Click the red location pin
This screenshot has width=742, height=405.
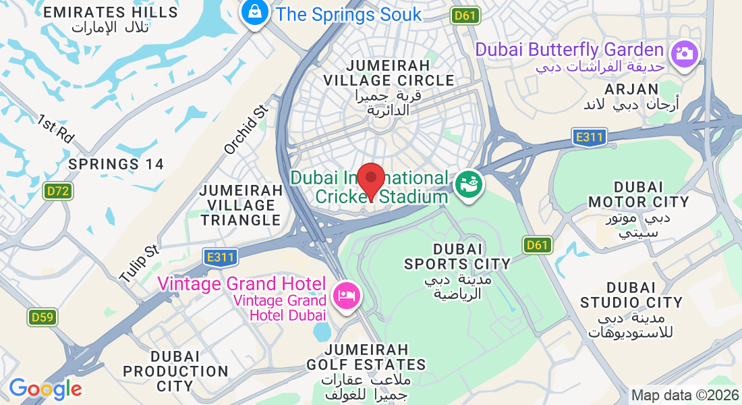pos(370,180)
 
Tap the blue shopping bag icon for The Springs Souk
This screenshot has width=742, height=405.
pos(256,12)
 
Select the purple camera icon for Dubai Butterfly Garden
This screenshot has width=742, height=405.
pos(684,52)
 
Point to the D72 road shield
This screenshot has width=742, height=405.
pos(59,191)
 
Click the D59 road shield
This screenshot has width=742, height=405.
pos(42,316)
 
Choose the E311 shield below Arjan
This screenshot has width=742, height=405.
pos(590,137)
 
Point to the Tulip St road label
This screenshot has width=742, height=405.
pos(138,264)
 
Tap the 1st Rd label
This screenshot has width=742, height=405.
pos(55,128)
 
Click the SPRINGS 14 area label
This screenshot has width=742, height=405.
pos(116,164)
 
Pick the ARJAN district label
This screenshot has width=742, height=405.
pos(632,89)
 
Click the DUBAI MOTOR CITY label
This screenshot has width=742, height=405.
pos(638,194)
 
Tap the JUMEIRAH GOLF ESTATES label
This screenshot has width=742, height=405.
pos(375,357)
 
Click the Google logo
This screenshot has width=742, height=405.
pos(45,389)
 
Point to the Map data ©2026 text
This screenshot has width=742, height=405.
pos(683,395)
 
